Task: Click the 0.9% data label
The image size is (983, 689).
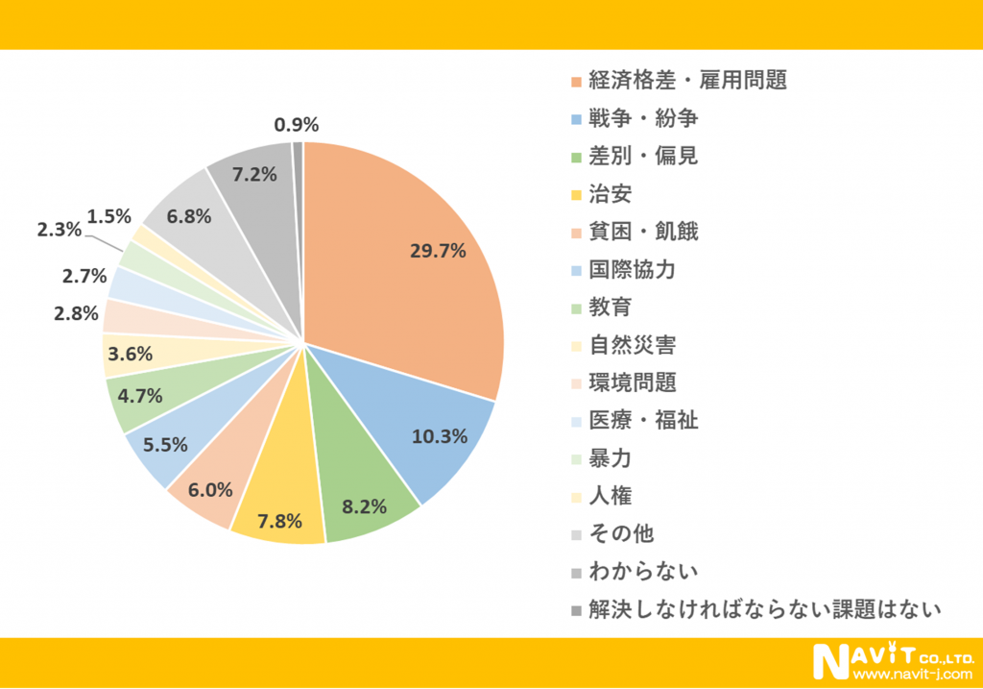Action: pyautogui.click(x=296, y=124)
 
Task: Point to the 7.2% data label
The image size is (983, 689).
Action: pyautogui.click(x=254, y=175)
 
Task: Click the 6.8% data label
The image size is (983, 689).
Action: pyautogui.click(x=188, y=216)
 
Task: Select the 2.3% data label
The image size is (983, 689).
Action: pyautogui.click(x=60, y=230)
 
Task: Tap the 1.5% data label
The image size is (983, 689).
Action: pyautogui.click(x=109, y=215)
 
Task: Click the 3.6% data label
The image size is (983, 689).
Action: pyautogui.click(x=129, y=354)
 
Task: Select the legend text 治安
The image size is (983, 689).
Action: pyautogui.click(x=611, y=194)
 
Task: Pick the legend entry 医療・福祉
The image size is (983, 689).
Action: pyautogui.click(x=643, y=420)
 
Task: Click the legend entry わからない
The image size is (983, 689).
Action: pyautogui.click(x=642, y=571)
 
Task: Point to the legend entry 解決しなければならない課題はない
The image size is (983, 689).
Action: pyautogui.click(x=764, y=609)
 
